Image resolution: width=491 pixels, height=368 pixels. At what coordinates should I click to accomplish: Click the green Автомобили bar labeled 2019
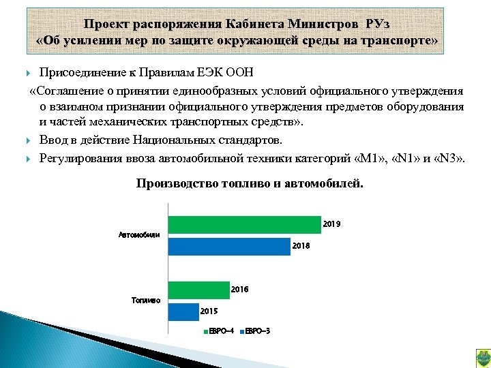(x=244, y=225)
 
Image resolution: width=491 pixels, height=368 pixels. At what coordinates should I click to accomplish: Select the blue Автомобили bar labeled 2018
(x=228, y=246)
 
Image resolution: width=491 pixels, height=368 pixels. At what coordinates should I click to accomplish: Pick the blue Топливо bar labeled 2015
(x=183, y=311)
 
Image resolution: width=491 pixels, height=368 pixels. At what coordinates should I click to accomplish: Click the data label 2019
(x=331, y=224)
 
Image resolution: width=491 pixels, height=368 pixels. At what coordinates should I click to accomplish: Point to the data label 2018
(x=301, y=246)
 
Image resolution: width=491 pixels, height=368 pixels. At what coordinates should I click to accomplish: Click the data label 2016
(x=239, y=290)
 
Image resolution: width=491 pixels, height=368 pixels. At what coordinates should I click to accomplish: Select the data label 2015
(x=209, y=311)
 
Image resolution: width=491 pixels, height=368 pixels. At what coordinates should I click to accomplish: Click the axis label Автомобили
(x=139, y=235)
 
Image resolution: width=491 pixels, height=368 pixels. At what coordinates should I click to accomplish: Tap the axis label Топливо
(x=146, y=301)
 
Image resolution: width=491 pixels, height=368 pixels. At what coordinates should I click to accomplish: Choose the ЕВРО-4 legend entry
(x=219, y=331)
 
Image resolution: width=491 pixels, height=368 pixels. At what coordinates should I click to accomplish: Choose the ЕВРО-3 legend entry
(x=255, y=331)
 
